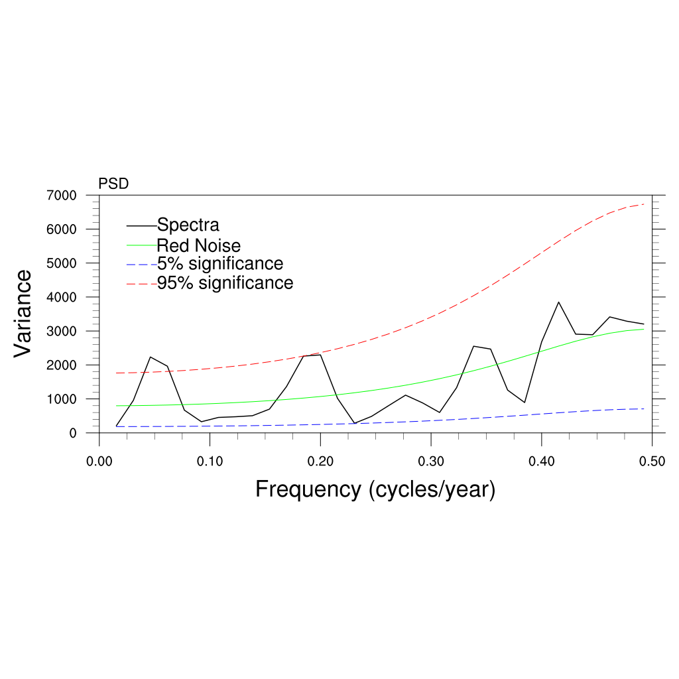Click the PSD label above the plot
coord(113,184)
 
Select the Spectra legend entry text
coord(188,225)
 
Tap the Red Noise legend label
coord(198,245)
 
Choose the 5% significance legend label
coord(220,263)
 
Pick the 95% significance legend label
coord(225,283)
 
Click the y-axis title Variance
coord(23,313)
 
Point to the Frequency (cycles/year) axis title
coord(375,489)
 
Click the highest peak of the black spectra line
coord(558,302)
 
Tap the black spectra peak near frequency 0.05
coord(151,357)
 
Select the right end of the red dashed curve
coord(644,204)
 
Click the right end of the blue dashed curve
coord(644,408)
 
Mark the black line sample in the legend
coord(141,225)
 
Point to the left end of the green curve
coord(117,406)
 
